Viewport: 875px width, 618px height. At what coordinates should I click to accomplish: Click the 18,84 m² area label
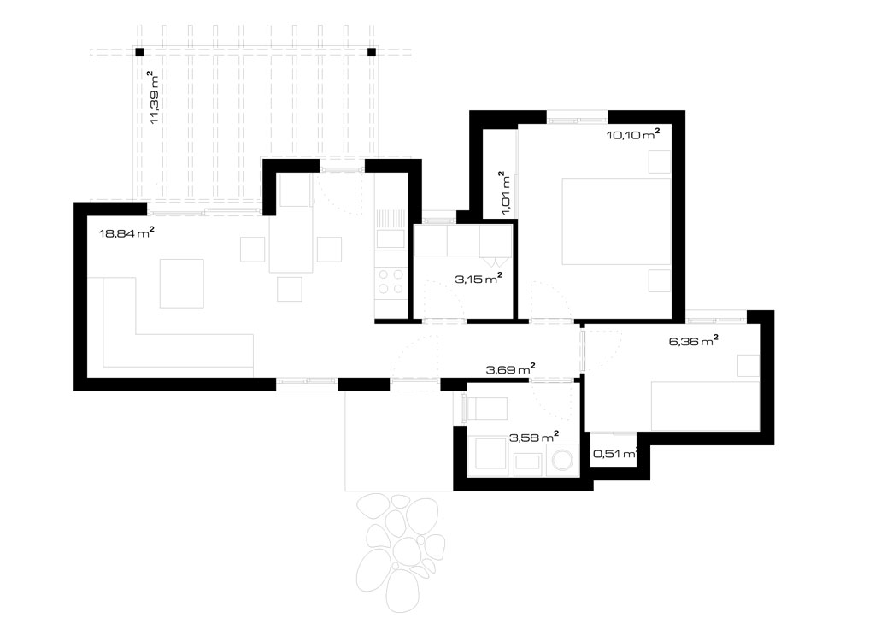tap(126, 232)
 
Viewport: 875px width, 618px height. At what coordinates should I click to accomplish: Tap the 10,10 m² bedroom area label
tap(633, 134)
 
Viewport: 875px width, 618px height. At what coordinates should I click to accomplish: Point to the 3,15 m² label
tap(479, 279)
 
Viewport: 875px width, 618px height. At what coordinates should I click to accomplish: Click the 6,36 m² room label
tap(693, 340)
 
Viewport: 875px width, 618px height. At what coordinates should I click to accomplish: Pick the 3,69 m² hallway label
tap(511, 369)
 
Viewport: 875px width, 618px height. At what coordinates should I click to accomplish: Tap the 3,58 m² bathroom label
tap(534, 438)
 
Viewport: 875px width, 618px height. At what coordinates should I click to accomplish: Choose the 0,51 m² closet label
tap(614, 454)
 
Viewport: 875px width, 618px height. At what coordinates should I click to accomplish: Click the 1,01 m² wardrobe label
tap(504, 193)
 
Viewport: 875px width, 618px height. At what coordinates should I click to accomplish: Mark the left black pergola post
tap(139, 52)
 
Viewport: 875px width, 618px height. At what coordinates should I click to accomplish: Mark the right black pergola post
tap(372, 52)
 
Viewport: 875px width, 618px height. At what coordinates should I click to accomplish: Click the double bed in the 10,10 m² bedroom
tap(616, 221)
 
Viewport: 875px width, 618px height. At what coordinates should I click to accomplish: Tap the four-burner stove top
tap(391, 281)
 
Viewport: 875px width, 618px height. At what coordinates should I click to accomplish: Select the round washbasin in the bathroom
tap(562, 461)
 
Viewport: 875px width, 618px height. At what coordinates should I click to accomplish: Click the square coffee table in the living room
tap(181, 283)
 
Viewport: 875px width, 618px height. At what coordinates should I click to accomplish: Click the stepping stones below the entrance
tap(399, 550)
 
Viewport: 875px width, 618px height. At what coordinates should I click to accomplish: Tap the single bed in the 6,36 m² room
tap(705, 406)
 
